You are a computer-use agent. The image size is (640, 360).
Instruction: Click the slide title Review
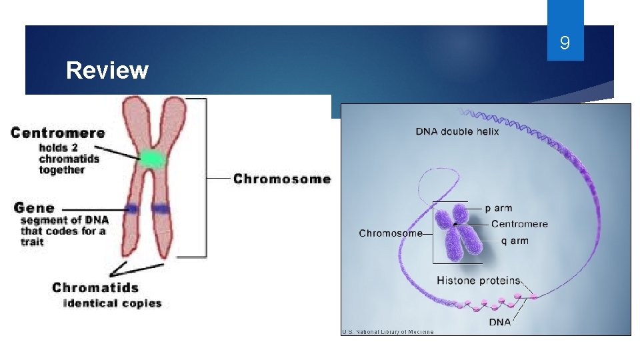pyautogui.click(x=107, y=70)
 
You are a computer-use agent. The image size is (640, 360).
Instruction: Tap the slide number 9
pyautogui.click(x=565, y=44)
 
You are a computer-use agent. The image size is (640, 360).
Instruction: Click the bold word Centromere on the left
pyautogui.click(x=58, y=133)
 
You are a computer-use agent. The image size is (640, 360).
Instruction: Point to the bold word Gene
pyautogui.click(x=34, y=208)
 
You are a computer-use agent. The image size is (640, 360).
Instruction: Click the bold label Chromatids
pyautogui.click(x=95, y=288)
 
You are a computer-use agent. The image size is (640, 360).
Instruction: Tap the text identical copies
pyautogui.click(x=112, y=303)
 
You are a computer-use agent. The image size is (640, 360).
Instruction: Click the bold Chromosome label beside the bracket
pyautogui.click(x=282, y=179)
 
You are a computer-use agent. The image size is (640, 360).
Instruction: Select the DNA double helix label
pyautogui.click(x=457, y=131)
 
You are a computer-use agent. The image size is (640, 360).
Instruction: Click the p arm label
pyautogui.click(x=498, y=208)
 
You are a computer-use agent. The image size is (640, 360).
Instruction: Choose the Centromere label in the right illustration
pyautogui.click(x=519, y=224)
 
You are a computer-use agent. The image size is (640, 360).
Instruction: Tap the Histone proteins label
pyautogui.click(x=478, y=280)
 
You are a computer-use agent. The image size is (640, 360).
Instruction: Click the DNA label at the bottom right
pyautogui.click(x=500, y=322)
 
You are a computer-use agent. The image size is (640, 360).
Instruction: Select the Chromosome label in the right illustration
pyautogui.click(x=391, y=233)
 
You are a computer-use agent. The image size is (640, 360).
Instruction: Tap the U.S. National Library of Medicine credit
pyautogui.click(x=387, y=331)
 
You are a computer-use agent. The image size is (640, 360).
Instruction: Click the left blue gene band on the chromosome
pyautogui.click(x=132, y=209)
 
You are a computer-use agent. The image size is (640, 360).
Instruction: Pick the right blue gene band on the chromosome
pyautogui.click(x=160, y=209)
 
